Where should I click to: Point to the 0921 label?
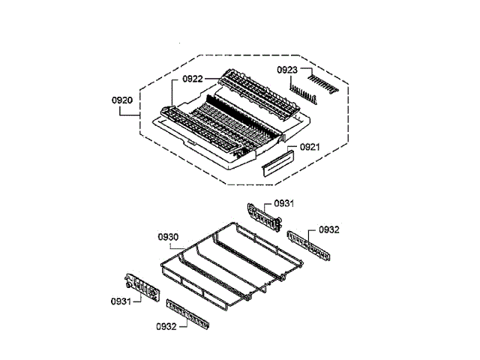310,147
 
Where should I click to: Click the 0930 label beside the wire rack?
168,237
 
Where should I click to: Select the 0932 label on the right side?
330,229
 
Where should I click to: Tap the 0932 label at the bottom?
166,326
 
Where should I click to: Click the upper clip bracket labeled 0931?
263,215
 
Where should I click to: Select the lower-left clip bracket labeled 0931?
140,288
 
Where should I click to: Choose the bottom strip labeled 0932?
187,314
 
